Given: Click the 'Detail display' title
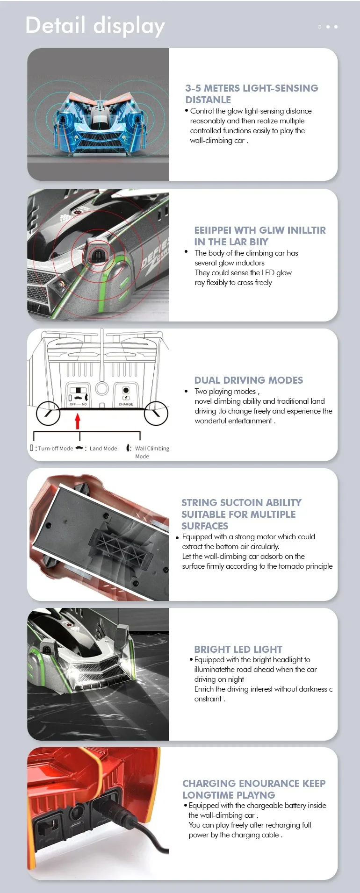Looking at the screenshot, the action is [x=95, y=26].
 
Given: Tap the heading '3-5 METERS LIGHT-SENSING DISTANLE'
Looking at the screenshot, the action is [x=252, y=94].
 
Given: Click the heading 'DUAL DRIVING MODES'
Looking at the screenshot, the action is [x=249, y=380].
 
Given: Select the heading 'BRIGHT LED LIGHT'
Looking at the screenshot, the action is [x=238, y=649].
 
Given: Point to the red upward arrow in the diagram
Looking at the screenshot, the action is [x=78, y=421].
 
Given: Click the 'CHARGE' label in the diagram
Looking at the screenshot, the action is [x=126, y=404].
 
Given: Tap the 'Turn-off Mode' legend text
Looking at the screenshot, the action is [x=55, y=449].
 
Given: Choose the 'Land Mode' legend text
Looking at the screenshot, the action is [x=103, y=449].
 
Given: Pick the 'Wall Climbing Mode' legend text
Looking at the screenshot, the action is [x=151, y=452].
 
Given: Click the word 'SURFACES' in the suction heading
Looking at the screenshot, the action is [x=204, y=526].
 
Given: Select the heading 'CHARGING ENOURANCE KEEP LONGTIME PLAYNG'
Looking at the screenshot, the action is [x=254, y=789].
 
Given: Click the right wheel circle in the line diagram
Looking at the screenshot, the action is [x=156, y=413].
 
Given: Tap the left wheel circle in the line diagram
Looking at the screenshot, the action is [x=48, y=413].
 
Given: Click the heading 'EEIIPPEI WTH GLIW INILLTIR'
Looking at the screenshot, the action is [x=260, y=230].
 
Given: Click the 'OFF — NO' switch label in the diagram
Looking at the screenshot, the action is [x=78, y=404].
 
